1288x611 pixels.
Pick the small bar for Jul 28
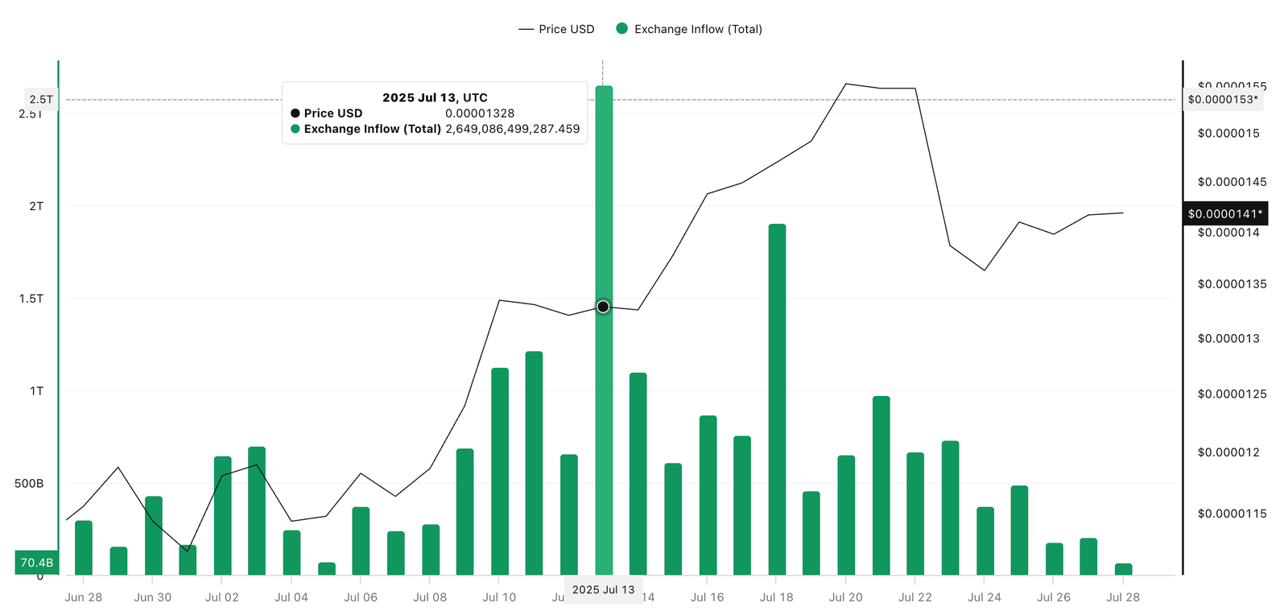[1123, 569]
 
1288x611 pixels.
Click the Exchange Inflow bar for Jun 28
[84, 547]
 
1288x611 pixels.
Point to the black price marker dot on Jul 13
[603, 307]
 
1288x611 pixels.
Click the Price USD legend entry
[556, 29]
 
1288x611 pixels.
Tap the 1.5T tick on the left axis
[31, 299]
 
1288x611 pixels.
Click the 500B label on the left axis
[29, 484]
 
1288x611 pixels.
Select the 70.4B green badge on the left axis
[37, 563]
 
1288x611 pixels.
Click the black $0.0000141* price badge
[1224, 213]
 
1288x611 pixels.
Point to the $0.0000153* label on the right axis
[1222, 100]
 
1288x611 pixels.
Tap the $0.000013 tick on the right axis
[1228, 338]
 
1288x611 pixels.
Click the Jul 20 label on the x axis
[845, 597]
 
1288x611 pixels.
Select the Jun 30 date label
[152, 597]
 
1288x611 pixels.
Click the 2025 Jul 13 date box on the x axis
[603, 590]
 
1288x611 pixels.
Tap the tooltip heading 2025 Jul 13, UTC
[435, 97]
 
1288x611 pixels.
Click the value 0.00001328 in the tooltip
[480, 114]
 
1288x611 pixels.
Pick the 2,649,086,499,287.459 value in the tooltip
[512, 129]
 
